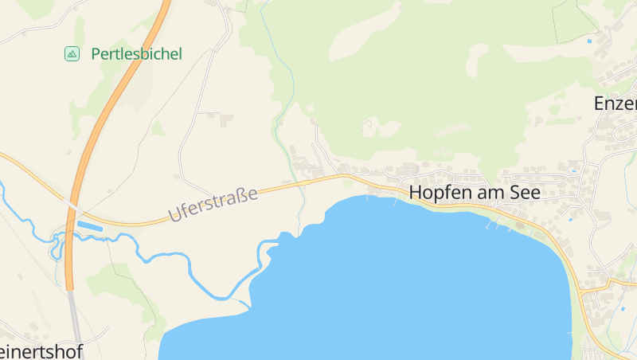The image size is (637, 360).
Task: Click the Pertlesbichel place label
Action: (136, 54)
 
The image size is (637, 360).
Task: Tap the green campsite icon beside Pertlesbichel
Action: (72, 54)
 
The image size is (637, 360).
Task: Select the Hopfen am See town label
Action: (475, 192)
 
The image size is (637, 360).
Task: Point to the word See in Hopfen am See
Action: (524, 192)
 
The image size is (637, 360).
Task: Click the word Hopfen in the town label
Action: (437, 193)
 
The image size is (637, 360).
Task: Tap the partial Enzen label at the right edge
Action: (616, 104)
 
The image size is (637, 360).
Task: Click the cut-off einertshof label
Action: (41, 351)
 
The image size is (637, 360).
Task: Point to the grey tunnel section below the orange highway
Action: (75, 319)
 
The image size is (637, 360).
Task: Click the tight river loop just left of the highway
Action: (57, 247)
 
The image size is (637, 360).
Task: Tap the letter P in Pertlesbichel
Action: (96, 54)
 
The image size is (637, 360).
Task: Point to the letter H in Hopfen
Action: (416, 192)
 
